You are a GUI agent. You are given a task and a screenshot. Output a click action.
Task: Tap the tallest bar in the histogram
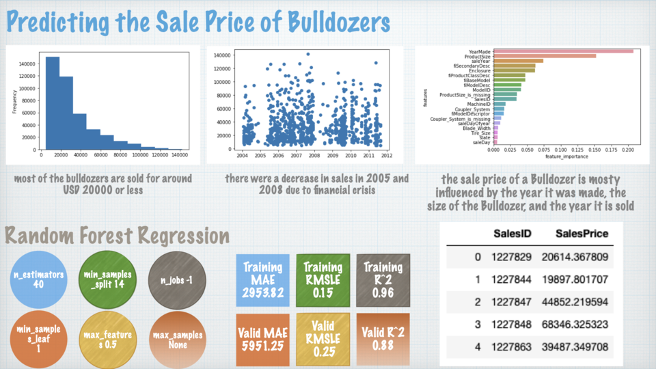click(x=52, y=102)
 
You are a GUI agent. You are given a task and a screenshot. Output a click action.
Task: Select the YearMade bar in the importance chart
click(x=563, y=51)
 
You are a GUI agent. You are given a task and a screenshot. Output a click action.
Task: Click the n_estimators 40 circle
click(x=38, y=279)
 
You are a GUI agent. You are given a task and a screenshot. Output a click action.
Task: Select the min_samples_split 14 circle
click(x=107, y=279)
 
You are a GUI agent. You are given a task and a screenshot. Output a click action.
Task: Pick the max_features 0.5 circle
click(x=107, y=340)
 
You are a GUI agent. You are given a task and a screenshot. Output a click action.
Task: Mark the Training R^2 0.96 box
click(x=383, y=279)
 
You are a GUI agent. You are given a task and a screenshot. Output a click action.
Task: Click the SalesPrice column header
click(x=582, y=234)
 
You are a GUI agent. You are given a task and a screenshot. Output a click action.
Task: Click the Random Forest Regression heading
click(x=118, y=236)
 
